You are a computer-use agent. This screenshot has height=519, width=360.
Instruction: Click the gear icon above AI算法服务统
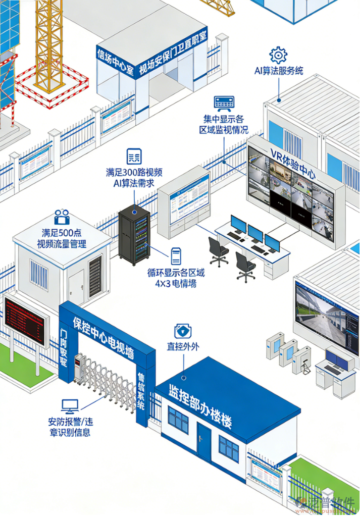[x=278, y=55]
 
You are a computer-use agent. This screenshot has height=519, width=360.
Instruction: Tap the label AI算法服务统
[x=279, y=71]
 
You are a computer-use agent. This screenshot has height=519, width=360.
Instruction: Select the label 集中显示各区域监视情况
[x=224, y=124]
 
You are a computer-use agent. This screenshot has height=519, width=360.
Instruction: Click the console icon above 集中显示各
[x=224, y=103]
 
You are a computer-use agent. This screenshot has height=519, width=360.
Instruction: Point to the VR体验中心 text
[x=293, y=164]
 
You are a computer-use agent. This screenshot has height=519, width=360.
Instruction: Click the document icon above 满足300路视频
[x=134, y=155]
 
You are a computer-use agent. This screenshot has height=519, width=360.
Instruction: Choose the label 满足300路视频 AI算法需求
[x=134, y=177]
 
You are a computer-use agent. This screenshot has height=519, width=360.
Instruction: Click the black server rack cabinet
[x=135, y=235]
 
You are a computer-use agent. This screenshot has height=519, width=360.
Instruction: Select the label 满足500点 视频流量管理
[x=62, y=238]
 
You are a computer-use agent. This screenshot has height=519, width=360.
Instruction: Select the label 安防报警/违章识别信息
[x=71, y=427]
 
